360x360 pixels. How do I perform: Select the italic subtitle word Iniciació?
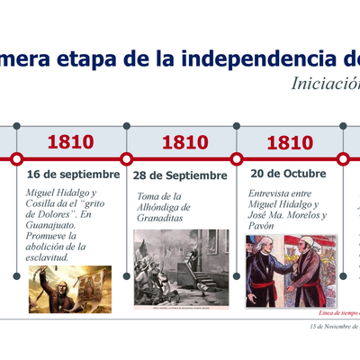(x=325, y=84)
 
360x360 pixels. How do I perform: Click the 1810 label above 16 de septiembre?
(x=70, y=141)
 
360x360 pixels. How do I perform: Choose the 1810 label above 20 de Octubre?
(x=290, y=141)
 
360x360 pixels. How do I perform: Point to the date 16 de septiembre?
(x=73, y=174)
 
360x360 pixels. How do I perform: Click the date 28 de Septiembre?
(x=180, y=175)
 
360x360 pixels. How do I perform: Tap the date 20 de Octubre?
(x=288, y=174)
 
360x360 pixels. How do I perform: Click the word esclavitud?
(x=56, y=257)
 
